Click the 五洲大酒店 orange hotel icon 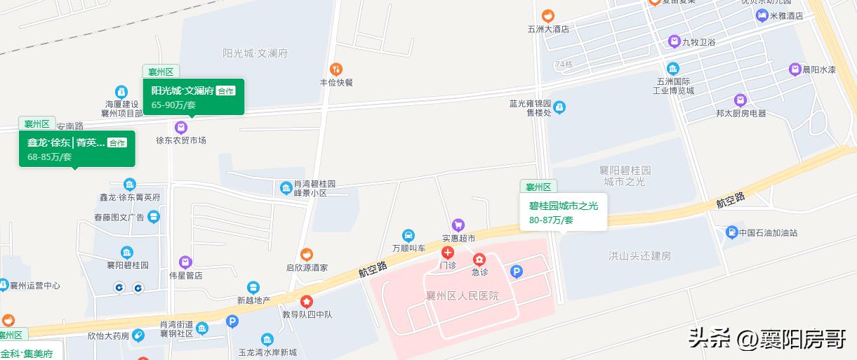(x=547, y=15)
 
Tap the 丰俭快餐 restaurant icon (x=336, y=69)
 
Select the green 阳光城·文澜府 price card (x=193, y=97)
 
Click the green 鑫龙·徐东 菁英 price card (x=77, y=149)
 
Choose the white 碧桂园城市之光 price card (x=563, y=212)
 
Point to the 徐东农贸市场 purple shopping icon (x=181, y=127)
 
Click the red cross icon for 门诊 (x=447, y=253)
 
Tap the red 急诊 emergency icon (x=479, y=260)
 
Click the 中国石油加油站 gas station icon (x=731, y=232)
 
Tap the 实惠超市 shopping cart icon (x=458, y=225)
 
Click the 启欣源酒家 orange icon (x=307, y=255)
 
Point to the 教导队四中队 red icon (x=307, y=302)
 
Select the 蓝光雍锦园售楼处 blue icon (x=559, y=107)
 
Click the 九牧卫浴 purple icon (x=674, y=41)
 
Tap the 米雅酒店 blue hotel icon (x=762, y=15)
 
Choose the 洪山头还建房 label (x=639, y=256)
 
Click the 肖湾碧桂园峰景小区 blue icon (x=286, y=188)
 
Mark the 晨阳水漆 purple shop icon (x=795, y=69)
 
